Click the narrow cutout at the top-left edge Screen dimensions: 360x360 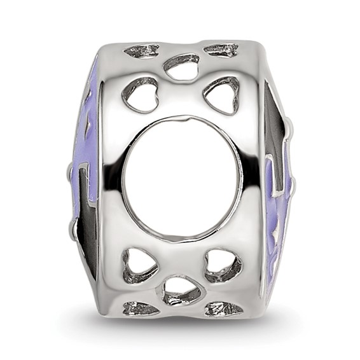point(142,50)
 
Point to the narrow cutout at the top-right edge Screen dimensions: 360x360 point(221,50)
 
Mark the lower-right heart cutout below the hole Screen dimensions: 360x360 point(223,263)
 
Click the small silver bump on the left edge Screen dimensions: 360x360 point(70,171)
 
